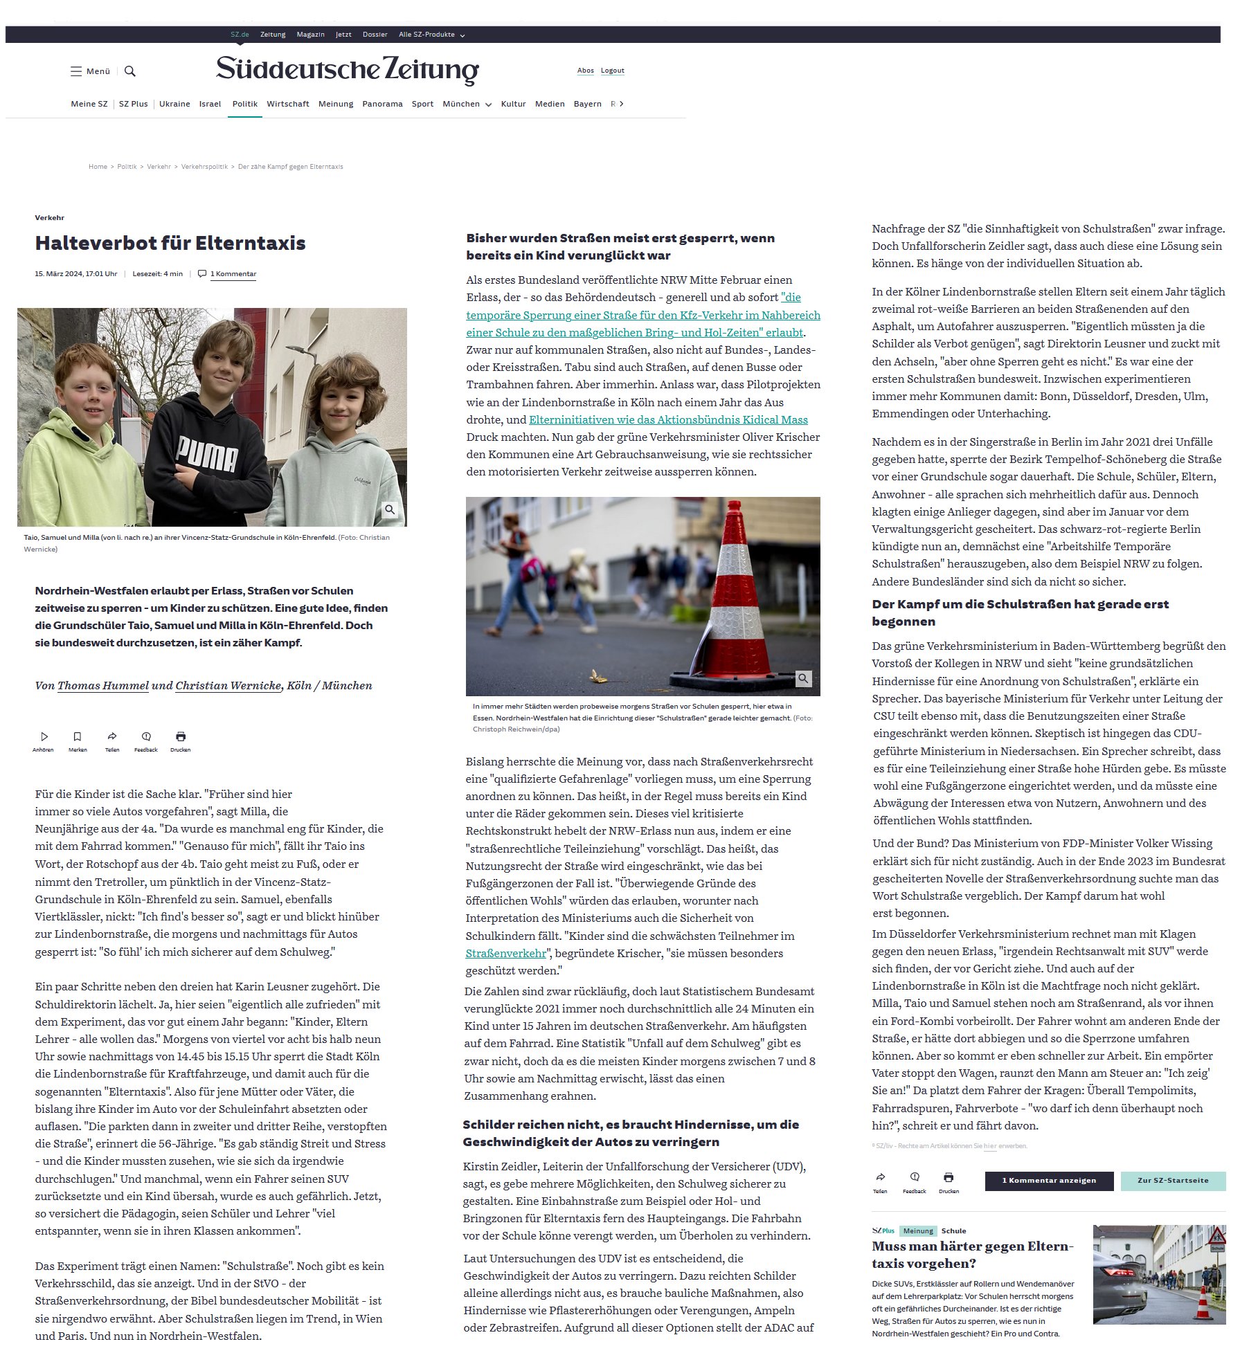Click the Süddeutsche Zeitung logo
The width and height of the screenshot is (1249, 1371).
347,70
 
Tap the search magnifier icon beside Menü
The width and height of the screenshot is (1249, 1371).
129,71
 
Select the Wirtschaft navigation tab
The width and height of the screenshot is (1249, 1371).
287,104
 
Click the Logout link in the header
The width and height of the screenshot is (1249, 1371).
612,71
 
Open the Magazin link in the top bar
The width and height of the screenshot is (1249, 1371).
310,35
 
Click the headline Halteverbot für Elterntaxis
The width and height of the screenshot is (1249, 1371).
170,243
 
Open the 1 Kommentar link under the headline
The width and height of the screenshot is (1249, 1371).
233,274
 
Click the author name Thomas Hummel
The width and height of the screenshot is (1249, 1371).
102,685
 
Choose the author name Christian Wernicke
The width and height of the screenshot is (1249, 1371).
228,685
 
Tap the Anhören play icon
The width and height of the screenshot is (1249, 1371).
44,736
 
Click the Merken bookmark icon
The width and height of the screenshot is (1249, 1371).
78,736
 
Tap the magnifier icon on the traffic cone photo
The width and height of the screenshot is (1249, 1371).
803,678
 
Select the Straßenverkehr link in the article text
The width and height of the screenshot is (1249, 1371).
505,953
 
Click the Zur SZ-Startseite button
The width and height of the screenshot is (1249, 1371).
1172,1181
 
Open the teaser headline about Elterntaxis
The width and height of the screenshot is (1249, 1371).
972,1255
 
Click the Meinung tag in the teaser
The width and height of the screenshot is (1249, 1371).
918,1231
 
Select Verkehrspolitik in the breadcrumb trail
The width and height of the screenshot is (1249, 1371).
204,167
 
